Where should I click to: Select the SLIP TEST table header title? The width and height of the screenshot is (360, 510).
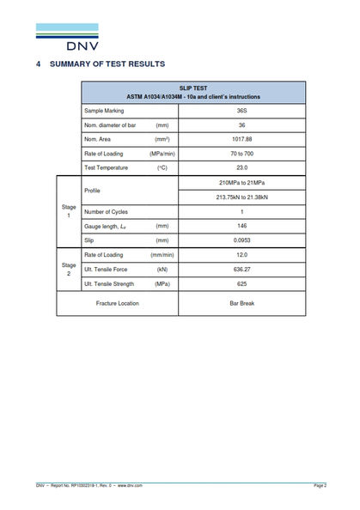[193, 88]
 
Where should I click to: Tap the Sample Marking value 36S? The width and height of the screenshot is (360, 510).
[242, 111]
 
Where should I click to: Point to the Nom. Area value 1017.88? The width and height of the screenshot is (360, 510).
[242, 139]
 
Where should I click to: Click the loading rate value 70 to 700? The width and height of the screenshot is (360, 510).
[242, 153]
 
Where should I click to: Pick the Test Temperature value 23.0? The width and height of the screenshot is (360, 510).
[242, 167]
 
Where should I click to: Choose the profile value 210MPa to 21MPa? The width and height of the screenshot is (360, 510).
[242, 183]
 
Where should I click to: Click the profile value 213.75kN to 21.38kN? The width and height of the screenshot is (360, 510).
[242, 197]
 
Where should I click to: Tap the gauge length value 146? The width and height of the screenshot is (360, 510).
[242, 226]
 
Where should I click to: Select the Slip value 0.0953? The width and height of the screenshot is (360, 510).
[242, 240]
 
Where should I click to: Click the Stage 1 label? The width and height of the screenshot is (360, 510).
[69, 211]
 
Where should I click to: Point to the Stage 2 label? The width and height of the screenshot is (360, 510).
[69, 270]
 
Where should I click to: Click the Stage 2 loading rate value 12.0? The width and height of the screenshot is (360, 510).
[242, 255]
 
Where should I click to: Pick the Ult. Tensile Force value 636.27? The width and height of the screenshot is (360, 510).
[242, 270]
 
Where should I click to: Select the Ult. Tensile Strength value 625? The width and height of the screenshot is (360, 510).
[242, 283]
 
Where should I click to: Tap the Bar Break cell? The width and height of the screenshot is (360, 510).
[242, 303]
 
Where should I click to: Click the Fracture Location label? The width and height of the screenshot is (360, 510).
[118, 303]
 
